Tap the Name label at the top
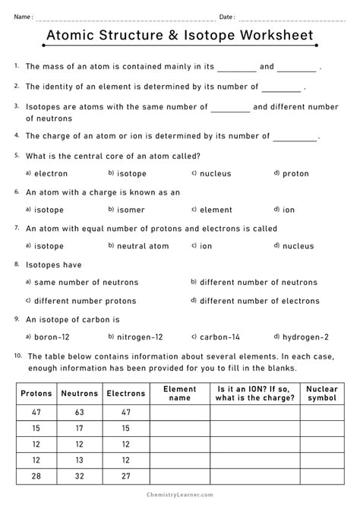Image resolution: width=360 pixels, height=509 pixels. click(23, 17)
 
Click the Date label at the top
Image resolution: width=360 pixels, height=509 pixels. click(227, 17)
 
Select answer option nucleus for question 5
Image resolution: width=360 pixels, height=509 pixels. click(215, 174)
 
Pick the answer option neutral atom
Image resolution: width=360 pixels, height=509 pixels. click(142, 246)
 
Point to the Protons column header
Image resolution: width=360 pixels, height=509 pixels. click(36, 394)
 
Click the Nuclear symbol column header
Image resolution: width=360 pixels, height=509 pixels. click(322, 394)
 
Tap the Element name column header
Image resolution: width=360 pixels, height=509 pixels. click(179, 394)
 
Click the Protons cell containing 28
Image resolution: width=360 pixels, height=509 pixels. click(36, 477)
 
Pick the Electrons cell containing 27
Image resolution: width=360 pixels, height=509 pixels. click(125, 477)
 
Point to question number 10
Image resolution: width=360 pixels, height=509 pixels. click(17, 356)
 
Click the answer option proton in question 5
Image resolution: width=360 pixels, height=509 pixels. click(295, 174)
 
